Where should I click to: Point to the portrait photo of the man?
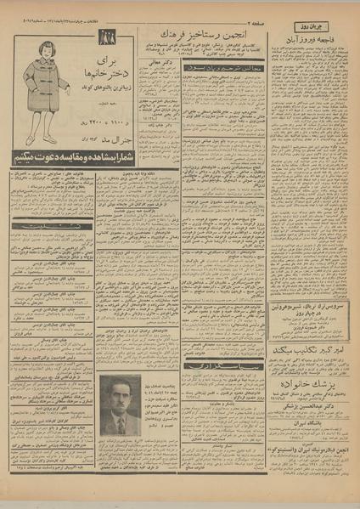pyautogui.click(x=120, y=405)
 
